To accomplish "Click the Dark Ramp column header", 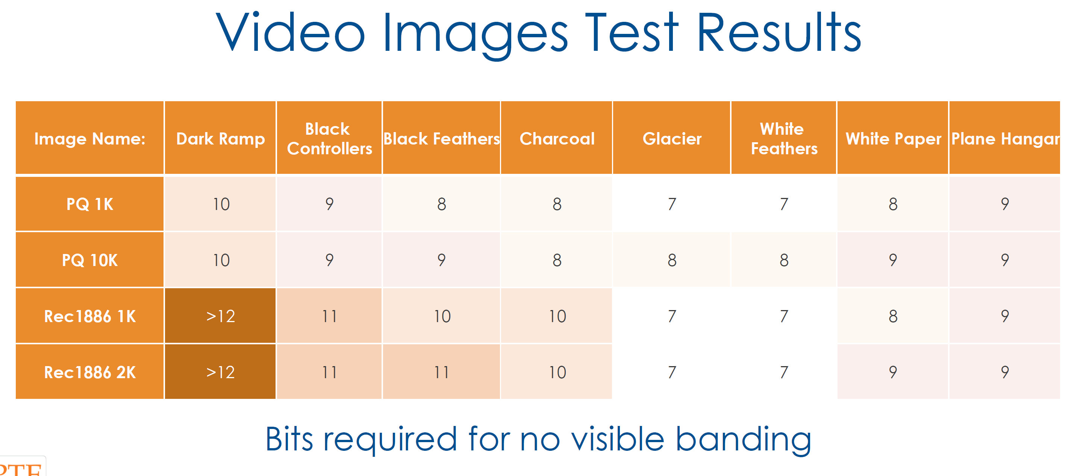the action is pyautogui.click(x=220, y=138).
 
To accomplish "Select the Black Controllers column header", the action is pyautogui.click(x=329, y=138).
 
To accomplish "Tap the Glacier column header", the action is pyautogui.click(x=672, y=138).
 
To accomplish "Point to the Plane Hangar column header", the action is pyautogui.click(x=1005, y=138).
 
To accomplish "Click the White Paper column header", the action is pyautogui.click(x=893, y=138).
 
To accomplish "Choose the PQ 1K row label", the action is pyautogui.click(x=90, y=204).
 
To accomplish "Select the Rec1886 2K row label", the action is pyautogui.click(x=90, y=372).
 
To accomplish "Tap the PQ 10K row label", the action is pyautogui.click(x=90, y=260).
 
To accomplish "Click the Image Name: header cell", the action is pyautogui.click(x=90, y=138).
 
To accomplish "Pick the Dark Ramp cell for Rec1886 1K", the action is pyautogui.click(x=220, y=316).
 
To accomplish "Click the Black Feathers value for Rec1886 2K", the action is pyautogui.click(x=441, y=372).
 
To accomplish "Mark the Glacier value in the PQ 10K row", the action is pyautogui.click(x=672, y=260).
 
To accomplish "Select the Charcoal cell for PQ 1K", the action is pyautogui.click(x=556, y=204).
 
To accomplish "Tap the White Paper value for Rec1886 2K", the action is pyautogui.click(x=893, y=372).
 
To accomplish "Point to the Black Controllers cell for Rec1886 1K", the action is pyautogui.click(x=329, y=316).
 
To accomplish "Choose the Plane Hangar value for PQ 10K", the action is pyautogui.click(x=1005, y=260).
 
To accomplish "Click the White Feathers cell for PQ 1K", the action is pyautogui.click(x=784, y=204).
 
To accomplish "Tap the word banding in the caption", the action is pyautogui.click(x=743, y=440).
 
